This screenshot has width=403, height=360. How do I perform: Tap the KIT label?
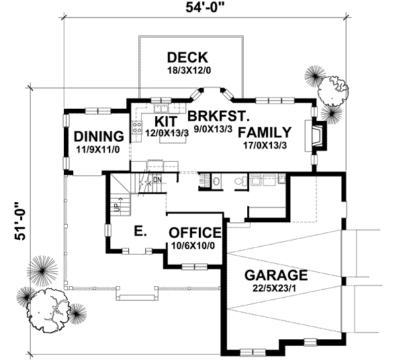[x=165, y=122]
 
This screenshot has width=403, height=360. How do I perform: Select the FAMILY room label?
[x=265, y=132]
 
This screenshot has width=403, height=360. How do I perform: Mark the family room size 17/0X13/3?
[x=265, y=144]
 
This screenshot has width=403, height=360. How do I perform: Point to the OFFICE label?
[x=195, y=233]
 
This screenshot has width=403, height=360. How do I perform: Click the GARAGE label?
[x=276, y=275]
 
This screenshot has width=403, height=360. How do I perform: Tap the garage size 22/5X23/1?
[x=276, y=288]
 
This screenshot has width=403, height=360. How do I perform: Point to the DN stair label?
[x=156, y=180]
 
